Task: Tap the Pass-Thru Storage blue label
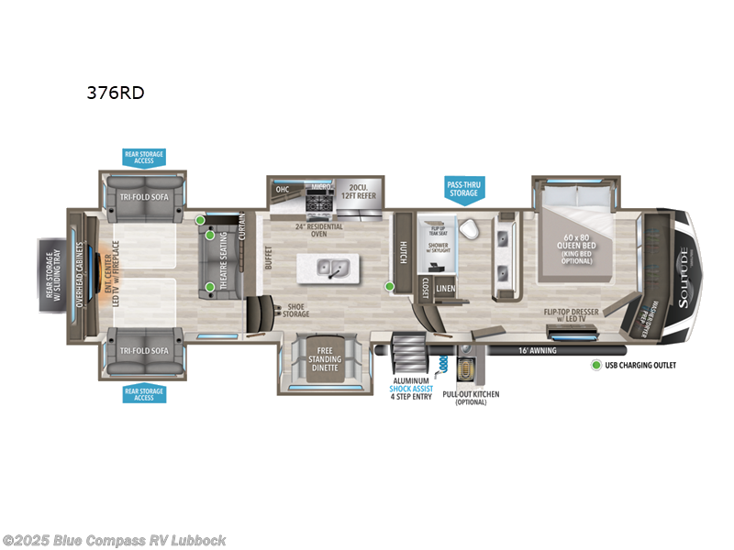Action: [x=462, y=189]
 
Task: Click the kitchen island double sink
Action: [x=330, y=267]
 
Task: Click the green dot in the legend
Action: [x=595, y=365]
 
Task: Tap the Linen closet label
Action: [x=445, y=289]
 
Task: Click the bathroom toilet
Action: [x=467, y=229]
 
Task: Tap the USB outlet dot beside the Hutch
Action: [x=389, y=287]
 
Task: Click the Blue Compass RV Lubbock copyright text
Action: [x=114, y=540]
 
